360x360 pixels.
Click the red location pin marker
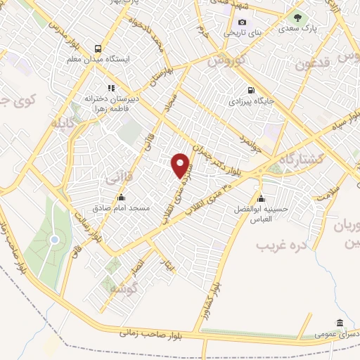click(181, 165)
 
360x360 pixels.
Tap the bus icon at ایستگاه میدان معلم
click(99, 49)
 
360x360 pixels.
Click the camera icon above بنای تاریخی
click(243, 22)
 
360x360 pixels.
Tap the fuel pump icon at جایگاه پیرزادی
click(251, 90)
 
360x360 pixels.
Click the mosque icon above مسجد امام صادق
click(121, 197)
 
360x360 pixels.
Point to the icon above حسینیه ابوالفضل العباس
click(261, 198)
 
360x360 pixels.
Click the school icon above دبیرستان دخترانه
click(111, 88)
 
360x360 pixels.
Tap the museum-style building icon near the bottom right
click(340, 323)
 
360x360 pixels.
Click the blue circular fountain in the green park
click(53, 240)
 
